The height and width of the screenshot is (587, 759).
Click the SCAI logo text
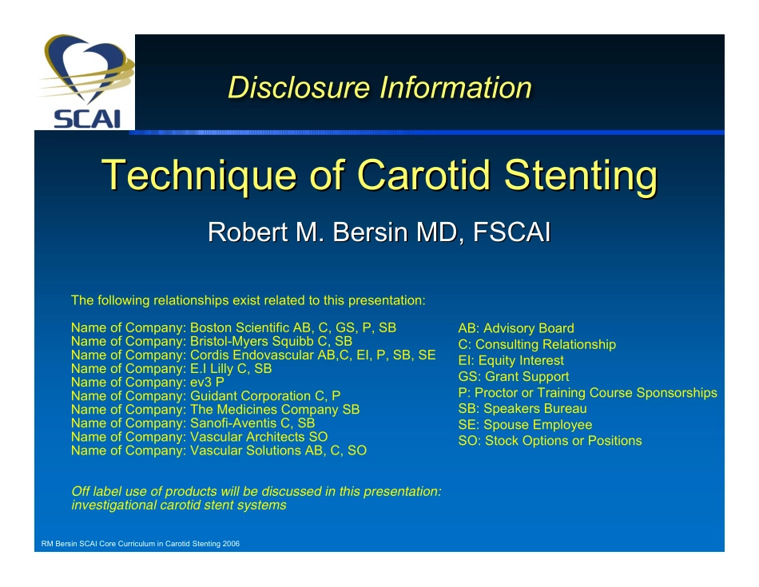pyautogui.click(x=86, y=119)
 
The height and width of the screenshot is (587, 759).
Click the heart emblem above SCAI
pyautogui.click(x=87, y=68)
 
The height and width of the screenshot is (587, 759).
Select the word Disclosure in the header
pyautogui.click(x=299, y=88)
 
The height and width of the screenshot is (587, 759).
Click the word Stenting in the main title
pyautogui.click(x=581, y=176)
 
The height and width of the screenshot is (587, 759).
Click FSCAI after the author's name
pyautogui.click(x=511, y=232)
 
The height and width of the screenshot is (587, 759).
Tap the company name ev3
pyautogui.click(x=201, y=383)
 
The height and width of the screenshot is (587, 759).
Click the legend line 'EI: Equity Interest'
pyautogui.click(x=511, y=360)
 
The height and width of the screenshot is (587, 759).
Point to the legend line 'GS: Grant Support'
pyautogui.click(x=514, y=376)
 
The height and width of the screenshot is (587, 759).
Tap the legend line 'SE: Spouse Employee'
pyautogui.click(x=525, y=424)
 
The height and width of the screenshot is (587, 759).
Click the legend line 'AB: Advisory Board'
pyautogui.click(x=516, y=328)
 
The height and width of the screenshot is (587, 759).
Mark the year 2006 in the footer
pyautogui.click(x=231, y=543)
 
